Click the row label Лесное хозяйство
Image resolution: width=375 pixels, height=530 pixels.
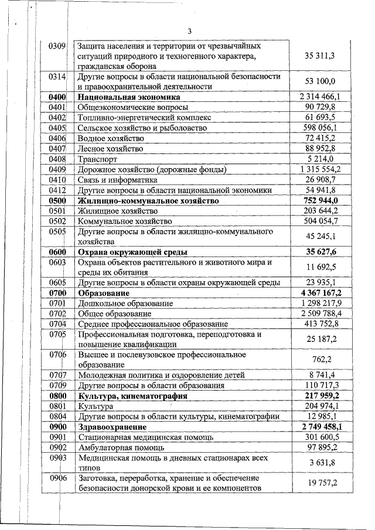click(x=111, y=149)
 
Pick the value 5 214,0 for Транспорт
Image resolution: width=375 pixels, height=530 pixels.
click(x=332, y=159)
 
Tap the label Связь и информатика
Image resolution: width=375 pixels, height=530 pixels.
click(x=118, y=180)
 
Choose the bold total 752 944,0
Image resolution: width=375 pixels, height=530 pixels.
click(x=328, y=201)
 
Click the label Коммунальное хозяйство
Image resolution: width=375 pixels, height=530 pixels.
click(x=125, y=221)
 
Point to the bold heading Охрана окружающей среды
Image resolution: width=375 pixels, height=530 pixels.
click(x=132, y=252)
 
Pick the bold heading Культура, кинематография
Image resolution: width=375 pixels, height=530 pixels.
click(x=132, y=396)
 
